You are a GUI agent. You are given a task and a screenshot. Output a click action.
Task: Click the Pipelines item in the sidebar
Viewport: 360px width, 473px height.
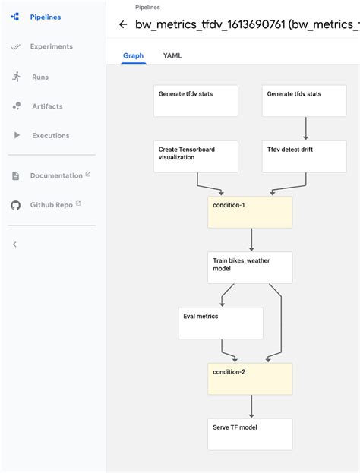point(46,17)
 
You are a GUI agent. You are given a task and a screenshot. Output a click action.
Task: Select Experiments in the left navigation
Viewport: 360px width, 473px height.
point(51,46)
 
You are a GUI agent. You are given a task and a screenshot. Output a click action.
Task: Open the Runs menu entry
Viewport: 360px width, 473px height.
point(40,77)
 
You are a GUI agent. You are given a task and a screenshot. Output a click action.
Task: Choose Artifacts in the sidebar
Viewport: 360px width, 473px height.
point(47,106)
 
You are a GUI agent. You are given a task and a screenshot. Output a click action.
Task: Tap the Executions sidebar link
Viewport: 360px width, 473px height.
point(49,135)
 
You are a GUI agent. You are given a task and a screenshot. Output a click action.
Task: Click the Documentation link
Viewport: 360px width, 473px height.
point(56,175)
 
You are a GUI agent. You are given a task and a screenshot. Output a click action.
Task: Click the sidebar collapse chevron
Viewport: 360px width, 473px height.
point(14,244)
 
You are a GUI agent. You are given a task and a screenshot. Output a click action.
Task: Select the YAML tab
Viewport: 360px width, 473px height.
point(172,55)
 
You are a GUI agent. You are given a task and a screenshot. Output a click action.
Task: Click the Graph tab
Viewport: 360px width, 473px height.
point(134,55)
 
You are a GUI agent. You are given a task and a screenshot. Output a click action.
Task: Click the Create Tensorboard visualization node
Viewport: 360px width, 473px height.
point(196,156)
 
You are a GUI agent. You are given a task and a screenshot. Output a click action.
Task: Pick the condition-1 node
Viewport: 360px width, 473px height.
point(250,212)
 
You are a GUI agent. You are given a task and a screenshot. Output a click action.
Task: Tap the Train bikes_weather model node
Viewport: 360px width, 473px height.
point(250,268)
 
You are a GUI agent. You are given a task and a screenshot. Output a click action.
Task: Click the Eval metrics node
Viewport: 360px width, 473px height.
point(220,323)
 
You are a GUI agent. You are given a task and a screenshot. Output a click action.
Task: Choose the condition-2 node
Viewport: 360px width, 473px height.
point(250,378)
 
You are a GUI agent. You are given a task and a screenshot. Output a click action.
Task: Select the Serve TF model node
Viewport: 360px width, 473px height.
point(250,434)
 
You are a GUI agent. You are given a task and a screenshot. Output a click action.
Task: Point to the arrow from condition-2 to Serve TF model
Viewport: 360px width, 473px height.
point(251,405)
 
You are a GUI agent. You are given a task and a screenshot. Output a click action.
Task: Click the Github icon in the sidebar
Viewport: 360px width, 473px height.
point(15,205)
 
